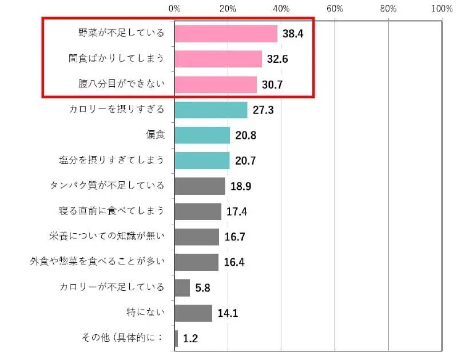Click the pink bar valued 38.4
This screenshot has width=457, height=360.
point(226,33)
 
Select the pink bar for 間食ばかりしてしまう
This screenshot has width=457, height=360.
point(218,59)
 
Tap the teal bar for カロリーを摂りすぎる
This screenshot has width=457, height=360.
point(211,109)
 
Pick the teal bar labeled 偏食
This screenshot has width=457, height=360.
point(202,135)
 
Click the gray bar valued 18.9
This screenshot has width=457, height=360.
point(200,186)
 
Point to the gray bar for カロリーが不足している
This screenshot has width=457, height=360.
point(182,287)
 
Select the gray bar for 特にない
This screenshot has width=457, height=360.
point(193,313)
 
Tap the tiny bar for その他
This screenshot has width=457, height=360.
point(176,338)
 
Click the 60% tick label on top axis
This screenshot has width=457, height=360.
point(335,9)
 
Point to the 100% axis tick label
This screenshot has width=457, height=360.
point(441,9)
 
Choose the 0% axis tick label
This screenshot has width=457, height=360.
point(174,9)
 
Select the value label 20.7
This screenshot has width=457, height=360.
point(245,161)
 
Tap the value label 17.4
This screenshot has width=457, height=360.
point(236,212)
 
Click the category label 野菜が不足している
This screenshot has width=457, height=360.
point(121,33)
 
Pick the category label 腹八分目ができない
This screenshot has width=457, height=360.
point(121,84)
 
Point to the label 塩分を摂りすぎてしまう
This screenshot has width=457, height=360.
point(112,161)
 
